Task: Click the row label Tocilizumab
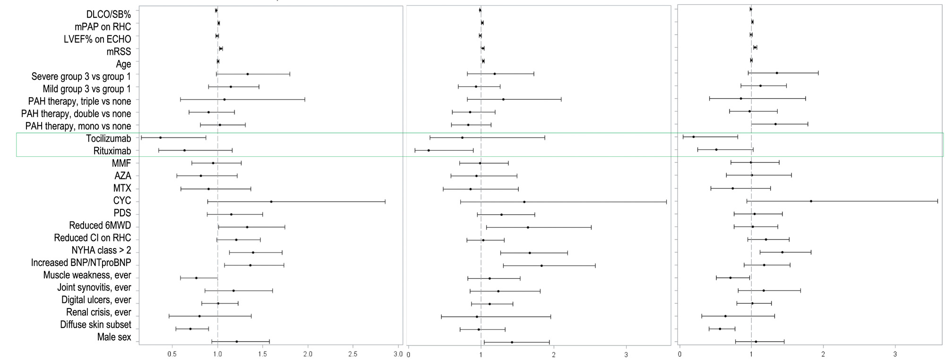[108, 138]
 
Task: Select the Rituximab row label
[112, 151]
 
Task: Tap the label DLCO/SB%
[109, 15]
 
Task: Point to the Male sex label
[114, 337]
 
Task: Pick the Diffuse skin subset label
[95, 325]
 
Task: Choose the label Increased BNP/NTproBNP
[81, 263]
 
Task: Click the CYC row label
[122, 201]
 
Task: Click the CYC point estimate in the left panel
[271, 202]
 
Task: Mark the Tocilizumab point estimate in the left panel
[160, 137]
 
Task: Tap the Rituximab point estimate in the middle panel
[429, 150]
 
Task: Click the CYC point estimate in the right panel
[811, 201]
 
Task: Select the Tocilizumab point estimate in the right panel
[693, 137]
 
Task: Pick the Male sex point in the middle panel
[512, 342]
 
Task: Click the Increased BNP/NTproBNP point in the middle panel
[541, 266]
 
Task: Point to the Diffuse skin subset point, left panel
[190, 329]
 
